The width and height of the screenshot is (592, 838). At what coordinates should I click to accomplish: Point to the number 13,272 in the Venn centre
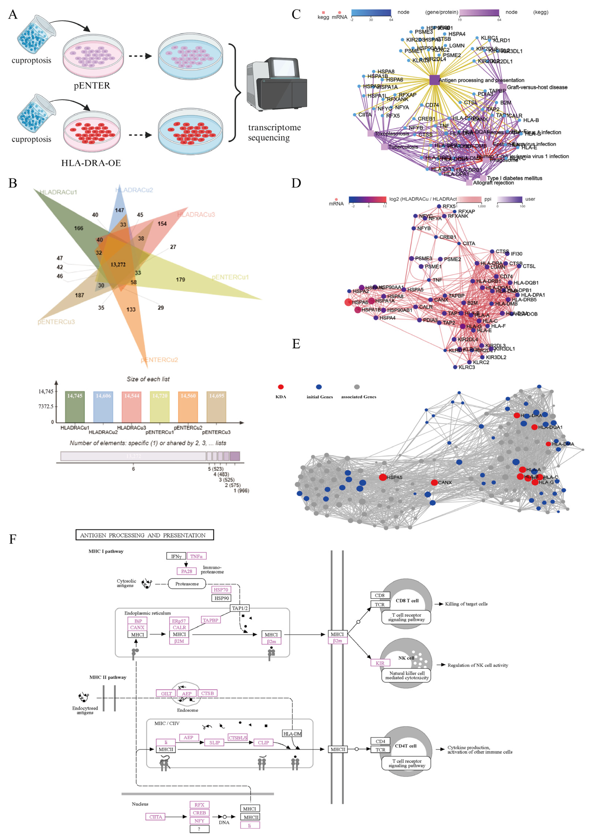coord(118,264)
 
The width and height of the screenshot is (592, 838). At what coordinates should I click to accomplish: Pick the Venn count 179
coord(180,280)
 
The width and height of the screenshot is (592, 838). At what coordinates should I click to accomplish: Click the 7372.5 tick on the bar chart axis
coord(46,406)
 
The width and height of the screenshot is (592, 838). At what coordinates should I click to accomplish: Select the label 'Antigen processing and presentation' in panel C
coord(481,80)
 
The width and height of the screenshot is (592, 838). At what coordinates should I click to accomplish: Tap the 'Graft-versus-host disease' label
coord(537,87)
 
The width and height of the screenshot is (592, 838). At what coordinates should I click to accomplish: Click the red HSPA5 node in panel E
coord(383,477)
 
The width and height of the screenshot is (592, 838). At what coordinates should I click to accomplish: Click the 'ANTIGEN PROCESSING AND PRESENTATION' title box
coord(145,535)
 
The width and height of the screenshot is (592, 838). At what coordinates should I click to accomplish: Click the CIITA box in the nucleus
coord(156,817)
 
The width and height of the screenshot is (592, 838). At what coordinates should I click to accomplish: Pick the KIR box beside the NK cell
coord(380,663)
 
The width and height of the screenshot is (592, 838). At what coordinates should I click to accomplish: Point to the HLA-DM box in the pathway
coord(292,734)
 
